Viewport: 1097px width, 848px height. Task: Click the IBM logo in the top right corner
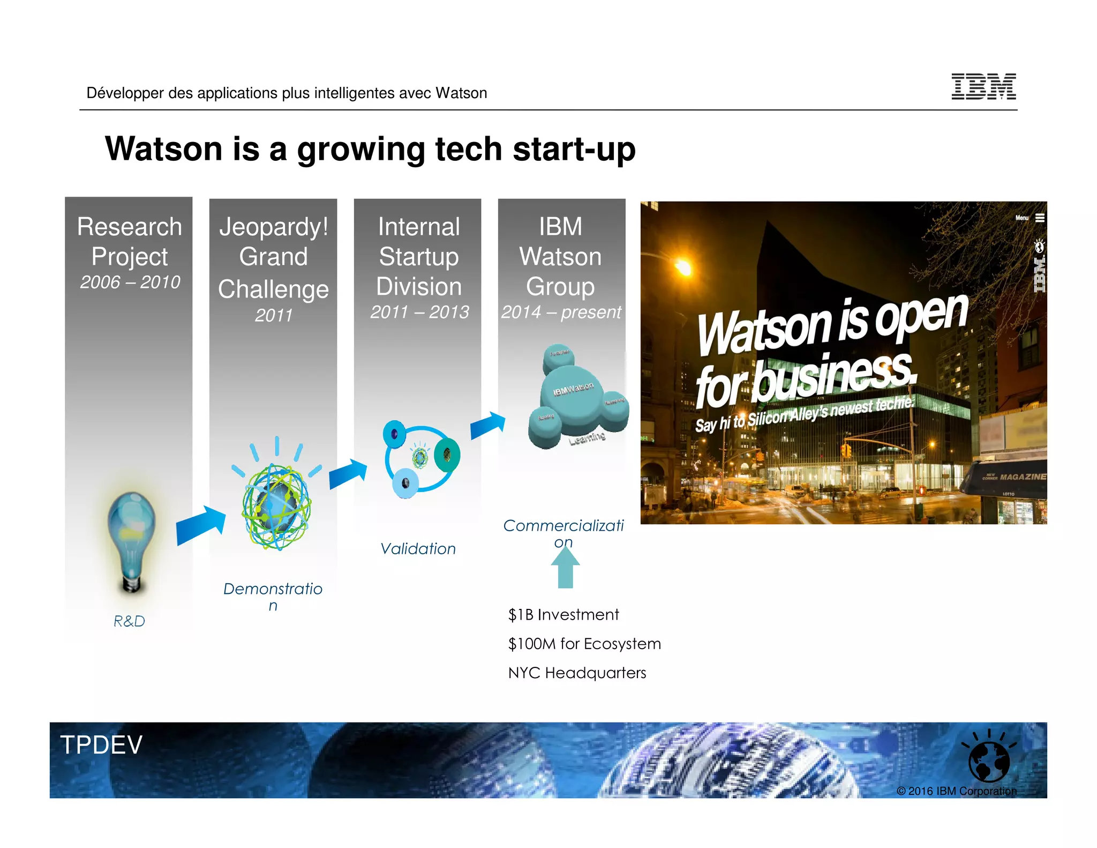click(x=983, y=86)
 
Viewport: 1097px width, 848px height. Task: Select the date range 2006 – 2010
click(x=130, y=282)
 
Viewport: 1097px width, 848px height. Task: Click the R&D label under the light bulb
click(x=129, y=621)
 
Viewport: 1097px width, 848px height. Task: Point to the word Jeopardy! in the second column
click(x=273, y=227)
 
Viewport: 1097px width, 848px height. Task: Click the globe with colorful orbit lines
click(x=276, y=507)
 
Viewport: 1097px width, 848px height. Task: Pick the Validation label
click(x=418, y=549)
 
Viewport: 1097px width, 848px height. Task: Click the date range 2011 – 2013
click(x=419, y=312)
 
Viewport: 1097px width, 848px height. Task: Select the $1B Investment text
click(x=563, y=615)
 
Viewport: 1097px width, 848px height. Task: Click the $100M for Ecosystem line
click(x=584, y=644)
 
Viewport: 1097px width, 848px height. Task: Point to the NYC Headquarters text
click(x=577, y=673)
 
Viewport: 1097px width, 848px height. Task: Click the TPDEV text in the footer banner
click(x=101, y=745)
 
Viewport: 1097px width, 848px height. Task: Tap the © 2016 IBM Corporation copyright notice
click(x=956, y=791)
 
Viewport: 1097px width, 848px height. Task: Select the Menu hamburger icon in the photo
click(x=1040, y=218)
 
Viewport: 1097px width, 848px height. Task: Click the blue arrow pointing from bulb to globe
click(x=201, y=525)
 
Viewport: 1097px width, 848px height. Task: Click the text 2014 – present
click(x=561, y=312)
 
